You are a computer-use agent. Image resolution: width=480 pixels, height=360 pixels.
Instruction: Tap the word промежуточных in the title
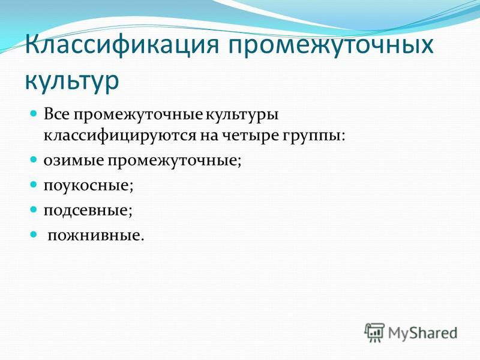coord(331,46)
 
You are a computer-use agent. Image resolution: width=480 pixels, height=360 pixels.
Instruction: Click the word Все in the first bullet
coord(57,115)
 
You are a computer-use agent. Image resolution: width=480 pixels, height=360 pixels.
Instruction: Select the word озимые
coord(73,161)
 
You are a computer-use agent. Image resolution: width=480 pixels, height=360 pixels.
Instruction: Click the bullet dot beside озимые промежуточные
coord(34,160)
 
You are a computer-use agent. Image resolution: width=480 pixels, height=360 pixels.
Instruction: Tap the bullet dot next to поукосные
coord(34,185)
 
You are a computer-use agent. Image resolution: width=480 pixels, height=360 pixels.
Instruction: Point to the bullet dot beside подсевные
coord(34,209)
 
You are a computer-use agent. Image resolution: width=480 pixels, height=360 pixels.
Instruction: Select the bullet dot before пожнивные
coord(34,235)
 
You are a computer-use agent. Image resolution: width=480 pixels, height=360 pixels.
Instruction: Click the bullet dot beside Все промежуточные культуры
coord(34,113)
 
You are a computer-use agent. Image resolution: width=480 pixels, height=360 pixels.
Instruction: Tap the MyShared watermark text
coord(422,333)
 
